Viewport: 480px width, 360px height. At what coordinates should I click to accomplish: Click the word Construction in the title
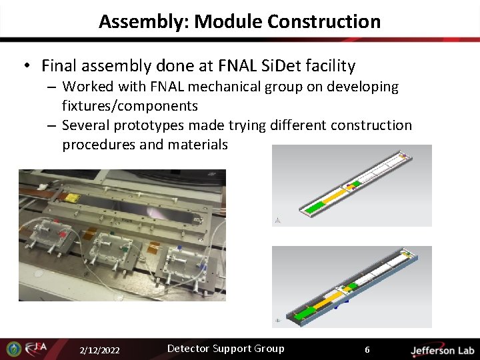pyautogui.click(x=324, y=21)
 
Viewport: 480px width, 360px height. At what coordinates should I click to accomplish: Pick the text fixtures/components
pyautogui.click(x=130, y=106)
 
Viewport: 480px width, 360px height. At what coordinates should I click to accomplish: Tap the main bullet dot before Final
pyautogui.click(x=26, y=66)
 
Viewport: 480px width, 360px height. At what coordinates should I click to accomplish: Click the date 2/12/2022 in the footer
pyautogui.click(x=99, y=350)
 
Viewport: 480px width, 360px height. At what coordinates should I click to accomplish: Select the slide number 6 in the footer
pyautogui.click(x=367, y=350)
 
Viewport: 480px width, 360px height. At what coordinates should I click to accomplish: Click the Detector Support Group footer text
pyautogui.click(x=225, y=349)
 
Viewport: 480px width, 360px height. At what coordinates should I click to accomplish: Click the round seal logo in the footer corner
pyautogui.click(x=13, y=349)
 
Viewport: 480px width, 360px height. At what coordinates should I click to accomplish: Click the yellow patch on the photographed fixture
pyautogui.click(x=72, y=199)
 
